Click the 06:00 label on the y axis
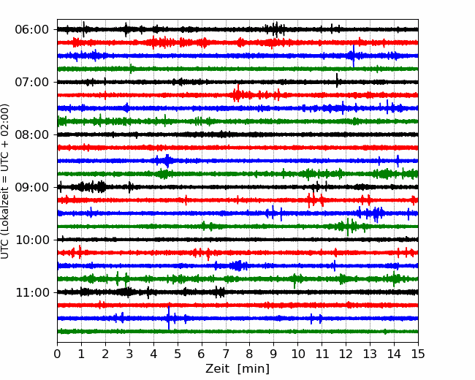(32, 30)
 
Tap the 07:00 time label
(32, 82)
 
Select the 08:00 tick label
(32, 134)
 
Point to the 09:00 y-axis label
(32, 187)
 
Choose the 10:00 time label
(32, 240)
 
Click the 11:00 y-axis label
(32, 292)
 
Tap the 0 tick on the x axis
(57, 354)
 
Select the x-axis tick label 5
(178, 354)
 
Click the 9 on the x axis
(274, 354)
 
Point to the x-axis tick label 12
(346, 354)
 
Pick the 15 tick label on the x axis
(418, 354)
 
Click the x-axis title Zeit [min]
(237, 369)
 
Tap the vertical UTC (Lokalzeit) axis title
(5, 181)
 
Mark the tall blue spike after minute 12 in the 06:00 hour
(353, 56)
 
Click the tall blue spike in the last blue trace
(169, 318)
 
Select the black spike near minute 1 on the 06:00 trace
(83, 29)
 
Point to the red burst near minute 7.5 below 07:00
(237, 94)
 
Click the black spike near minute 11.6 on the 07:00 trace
(337, 80)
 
